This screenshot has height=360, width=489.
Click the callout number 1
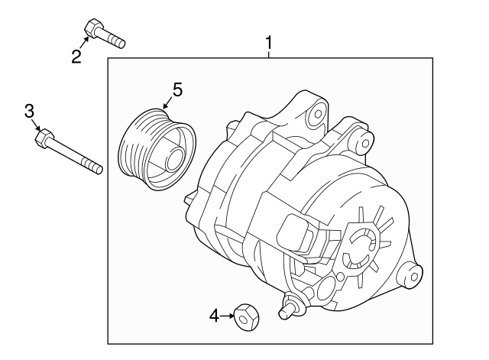coord(268,42)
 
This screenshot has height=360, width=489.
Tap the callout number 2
coord(76,57)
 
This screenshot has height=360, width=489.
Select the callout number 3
coord(29,112)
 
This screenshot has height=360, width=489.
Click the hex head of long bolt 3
coord(44,138)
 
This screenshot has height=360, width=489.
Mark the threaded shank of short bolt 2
coord(113,39)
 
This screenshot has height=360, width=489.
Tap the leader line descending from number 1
coord(268,54)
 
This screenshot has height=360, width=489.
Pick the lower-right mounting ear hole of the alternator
coord(410,272)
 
